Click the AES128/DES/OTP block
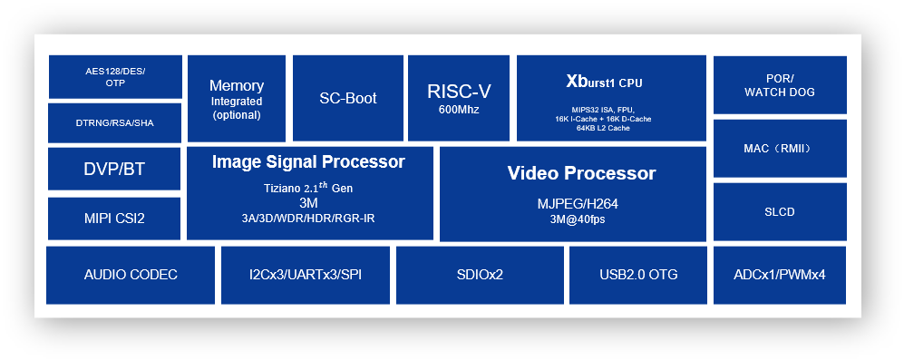(115, 77)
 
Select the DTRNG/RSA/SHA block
(115, 122)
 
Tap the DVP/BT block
(114, 169)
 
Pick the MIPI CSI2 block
(114, 218)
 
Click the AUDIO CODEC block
(131, 275)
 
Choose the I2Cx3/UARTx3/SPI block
(305, 275)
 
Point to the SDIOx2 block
(480, 275)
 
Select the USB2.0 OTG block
(638, 275)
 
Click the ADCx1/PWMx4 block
(780, 275)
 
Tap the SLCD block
(780, 212)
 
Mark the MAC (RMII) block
(780, 149)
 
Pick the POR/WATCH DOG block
(780, 85)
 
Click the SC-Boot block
(348, 98)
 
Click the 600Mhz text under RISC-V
(459, 110)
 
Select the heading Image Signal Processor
(308, 162)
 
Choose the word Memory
(236, 86)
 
